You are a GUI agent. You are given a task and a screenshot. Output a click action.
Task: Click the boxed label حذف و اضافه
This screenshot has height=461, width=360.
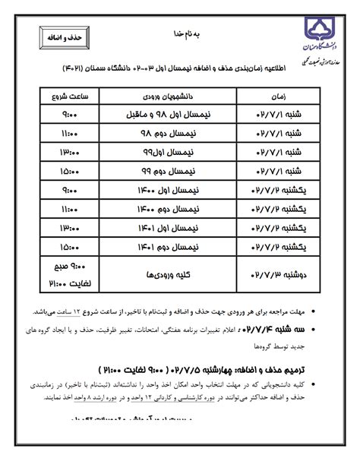coord(64,36)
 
